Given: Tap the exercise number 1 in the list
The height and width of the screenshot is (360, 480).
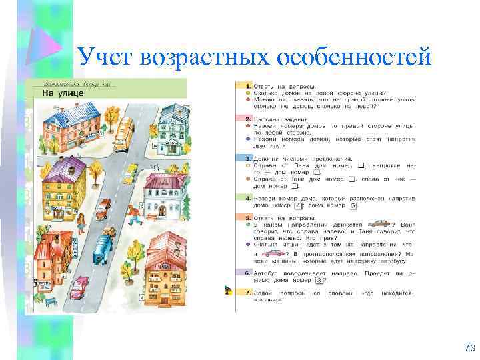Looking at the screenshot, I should click(248, 87).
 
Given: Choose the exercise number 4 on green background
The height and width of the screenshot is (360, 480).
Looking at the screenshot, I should click(248, 199).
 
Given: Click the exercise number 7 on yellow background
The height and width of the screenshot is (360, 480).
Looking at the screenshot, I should click(248, 293).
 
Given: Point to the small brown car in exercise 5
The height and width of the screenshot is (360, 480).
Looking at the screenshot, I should click(380, 224).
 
